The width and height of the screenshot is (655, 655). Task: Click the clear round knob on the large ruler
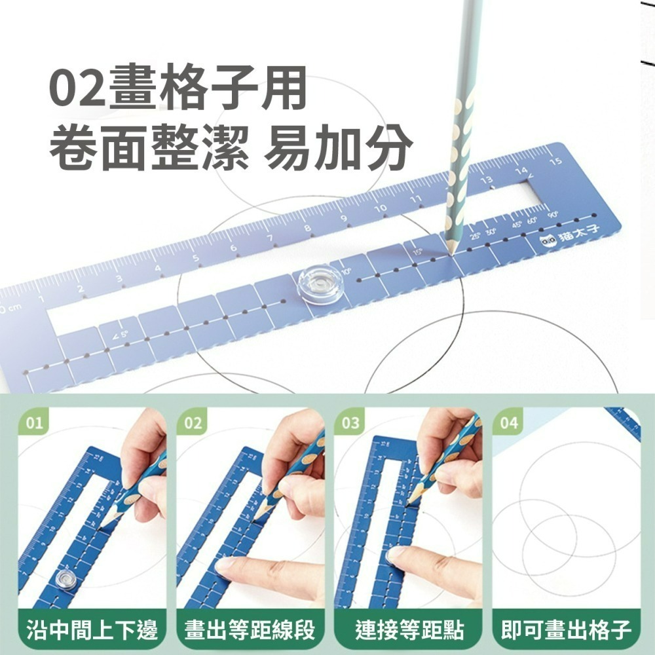(x=320, y=283)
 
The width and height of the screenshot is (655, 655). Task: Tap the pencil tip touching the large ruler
(x=452, y=250)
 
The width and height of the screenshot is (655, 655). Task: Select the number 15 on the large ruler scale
(x=555, y=161)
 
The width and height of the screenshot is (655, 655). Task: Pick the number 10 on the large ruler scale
(x=380, y=208)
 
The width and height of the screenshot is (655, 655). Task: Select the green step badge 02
(x=193, y=423)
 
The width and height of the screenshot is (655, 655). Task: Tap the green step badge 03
(x=351, y=423)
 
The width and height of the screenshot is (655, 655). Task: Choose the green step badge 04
(x=509, y=423)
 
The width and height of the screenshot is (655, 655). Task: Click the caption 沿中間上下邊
(x=92, y=630)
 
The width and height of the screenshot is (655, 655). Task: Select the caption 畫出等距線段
(x=250, y=630)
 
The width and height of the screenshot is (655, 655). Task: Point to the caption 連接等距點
(x=409, y=630)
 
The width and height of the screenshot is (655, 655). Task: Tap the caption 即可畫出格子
(x=567, y=630)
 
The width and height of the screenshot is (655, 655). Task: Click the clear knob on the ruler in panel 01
(x=64, y=578)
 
